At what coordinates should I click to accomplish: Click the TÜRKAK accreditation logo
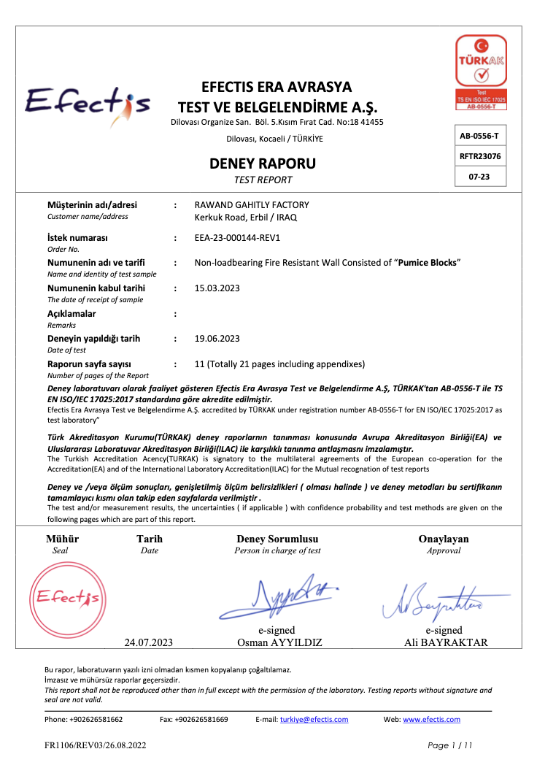pos(481,72)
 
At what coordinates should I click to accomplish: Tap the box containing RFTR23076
pos(480,156)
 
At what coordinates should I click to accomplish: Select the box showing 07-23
pos(480,177)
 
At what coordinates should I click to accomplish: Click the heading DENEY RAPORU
pos(263,164)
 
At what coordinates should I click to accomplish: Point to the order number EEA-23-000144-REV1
pos(238,238)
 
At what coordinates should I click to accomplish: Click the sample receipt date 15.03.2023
pos(217,288)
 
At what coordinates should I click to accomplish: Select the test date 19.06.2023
pos(217,338)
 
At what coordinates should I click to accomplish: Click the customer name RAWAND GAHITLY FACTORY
pos(252,205)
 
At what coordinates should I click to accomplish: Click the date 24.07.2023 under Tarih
pos(149,643)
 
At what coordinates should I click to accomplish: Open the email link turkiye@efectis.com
pos(314,719)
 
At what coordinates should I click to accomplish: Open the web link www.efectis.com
pos(431,719)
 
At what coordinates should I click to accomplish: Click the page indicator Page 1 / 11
pos(451,745)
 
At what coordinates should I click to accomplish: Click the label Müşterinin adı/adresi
pos(92,205)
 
